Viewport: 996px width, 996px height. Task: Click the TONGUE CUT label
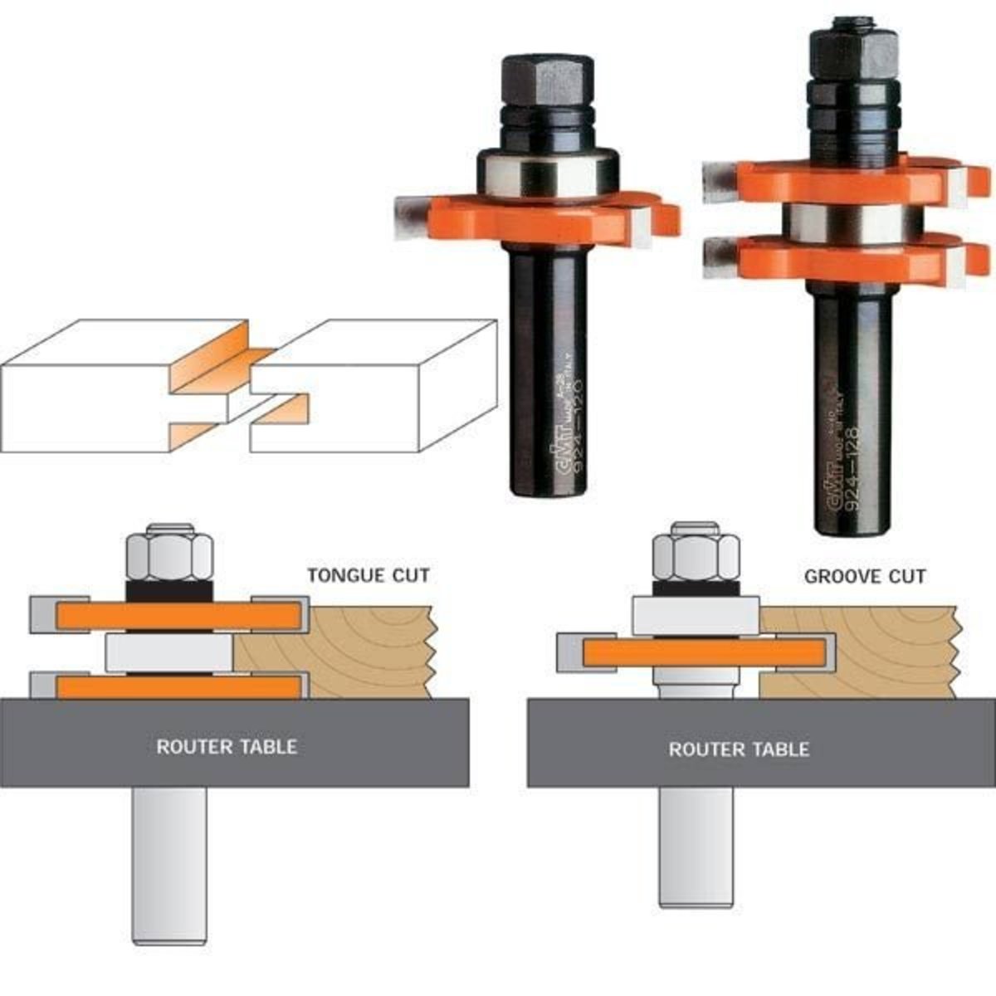369,575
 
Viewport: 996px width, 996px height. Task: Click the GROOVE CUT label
865,576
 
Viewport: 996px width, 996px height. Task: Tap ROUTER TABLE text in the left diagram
227,746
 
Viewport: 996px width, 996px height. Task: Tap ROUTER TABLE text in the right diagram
739,749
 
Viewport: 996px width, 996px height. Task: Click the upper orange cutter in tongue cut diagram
178,615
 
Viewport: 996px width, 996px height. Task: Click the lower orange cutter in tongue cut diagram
178,687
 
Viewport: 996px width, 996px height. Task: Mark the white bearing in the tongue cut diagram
168,653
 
